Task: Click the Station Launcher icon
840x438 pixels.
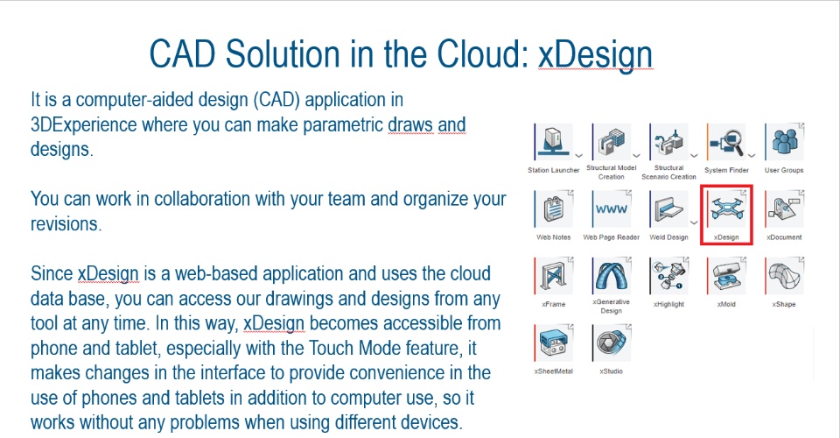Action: pyautogui.click(x=554, y=142)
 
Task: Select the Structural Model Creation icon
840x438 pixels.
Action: pyautogui.click(x=612, y=142)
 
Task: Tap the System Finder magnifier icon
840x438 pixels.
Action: pyautogui.click(x=726, y=142)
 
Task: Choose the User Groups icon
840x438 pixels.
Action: pyautogui.click(x=784, y=142)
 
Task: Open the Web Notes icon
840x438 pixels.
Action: pyautogui.click(x=554, y=208)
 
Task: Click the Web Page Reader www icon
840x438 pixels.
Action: pyautogui.click(x=612, y=208)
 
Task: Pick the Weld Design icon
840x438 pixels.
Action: pyautogui.click(x=668, y=208)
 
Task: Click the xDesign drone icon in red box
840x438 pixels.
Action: pyautogui.click(x=726, y=208)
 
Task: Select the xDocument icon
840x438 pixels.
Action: pyautogui.click(x=784, y=208)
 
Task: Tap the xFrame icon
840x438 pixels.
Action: pyautogui.click(x=554, y=276)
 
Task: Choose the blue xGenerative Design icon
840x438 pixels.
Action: pyautogui.click(x=612, y=276)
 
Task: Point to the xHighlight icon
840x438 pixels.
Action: pyautogui.click(x=668, y=276)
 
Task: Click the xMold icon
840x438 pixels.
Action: pyautogui.click(x=726, y=276)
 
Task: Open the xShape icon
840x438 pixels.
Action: pyautogui.click(x=784, y=276)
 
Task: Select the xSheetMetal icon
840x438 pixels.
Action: pyautogui.click(x=554, y=343)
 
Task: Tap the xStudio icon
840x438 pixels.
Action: pyautogui.click(x=612, y=343)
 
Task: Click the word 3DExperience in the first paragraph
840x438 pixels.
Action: pyautogui.click(x=83, y=125)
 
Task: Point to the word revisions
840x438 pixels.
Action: pyautogui.click(x=66, y=224)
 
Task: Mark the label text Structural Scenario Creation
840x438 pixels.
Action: pyautogui.click(x=668, y=172)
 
